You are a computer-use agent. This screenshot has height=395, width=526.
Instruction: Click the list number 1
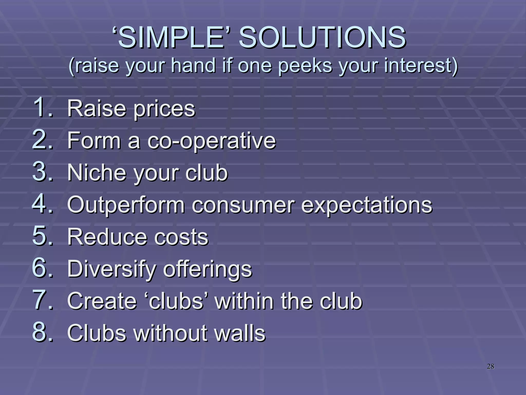point(42,107)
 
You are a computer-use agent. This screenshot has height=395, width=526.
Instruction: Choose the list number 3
point(42,172)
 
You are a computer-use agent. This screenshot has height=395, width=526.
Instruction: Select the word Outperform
point(126,205)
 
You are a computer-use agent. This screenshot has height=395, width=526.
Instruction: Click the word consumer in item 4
point(243,205)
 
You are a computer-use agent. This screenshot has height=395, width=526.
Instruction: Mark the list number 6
point(42,268)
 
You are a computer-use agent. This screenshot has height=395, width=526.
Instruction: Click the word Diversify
point(112,269)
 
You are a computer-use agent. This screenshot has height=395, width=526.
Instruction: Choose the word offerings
point(208,269)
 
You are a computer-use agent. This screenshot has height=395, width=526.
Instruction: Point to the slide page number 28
point(490,366)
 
